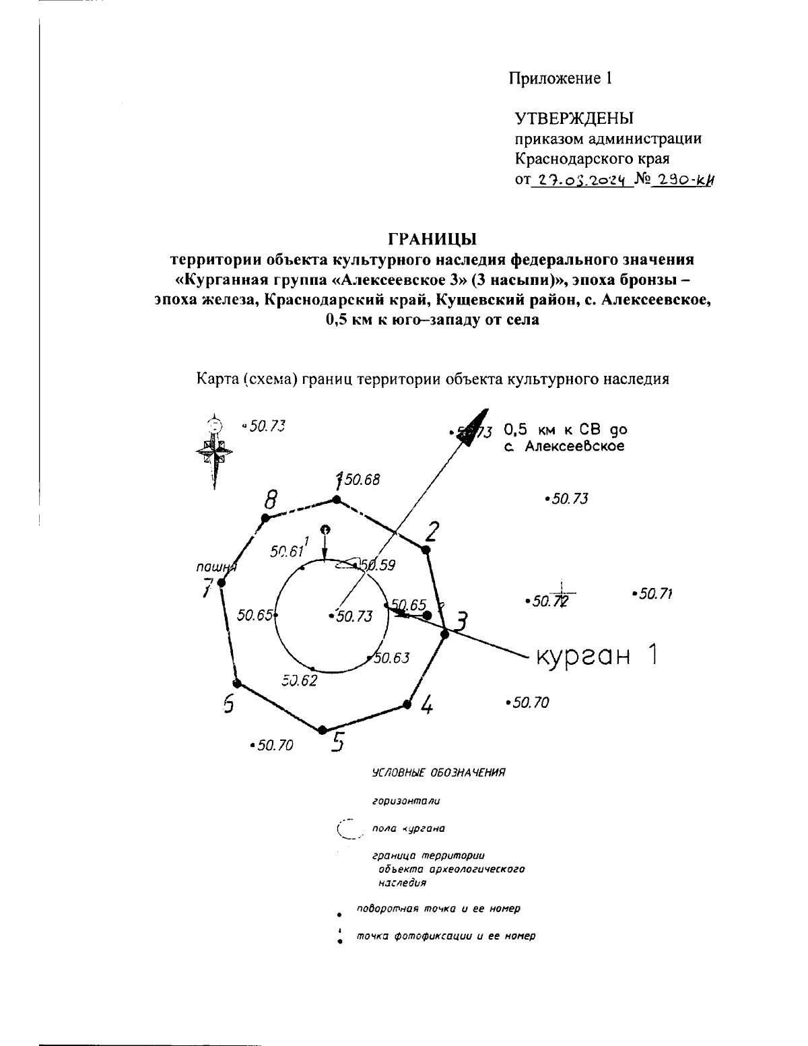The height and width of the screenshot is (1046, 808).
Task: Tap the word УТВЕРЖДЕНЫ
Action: coord(574,119)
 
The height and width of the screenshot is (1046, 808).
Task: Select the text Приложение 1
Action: coord(560,78)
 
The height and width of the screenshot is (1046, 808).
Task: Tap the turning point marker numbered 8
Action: coord(265,517)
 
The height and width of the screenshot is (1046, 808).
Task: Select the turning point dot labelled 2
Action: coord(425,550)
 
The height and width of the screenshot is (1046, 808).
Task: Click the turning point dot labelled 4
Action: coord(407,705)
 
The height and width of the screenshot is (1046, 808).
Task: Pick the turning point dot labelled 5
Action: coord(323,729)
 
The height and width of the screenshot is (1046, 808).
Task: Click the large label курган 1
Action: coord(595,655)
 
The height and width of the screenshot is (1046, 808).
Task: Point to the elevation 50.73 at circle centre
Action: coord(353,616)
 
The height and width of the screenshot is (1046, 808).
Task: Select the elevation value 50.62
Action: coord(300,680)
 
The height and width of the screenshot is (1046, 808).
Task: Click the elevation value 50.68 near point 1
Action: coord(362,480)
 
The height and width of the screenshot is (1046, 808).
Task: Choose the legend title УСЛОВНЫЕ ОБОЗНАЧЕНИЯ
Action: coord(438,773)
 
